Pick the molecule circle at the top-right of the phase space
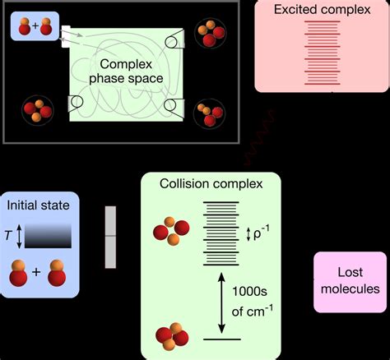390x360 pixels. tap(207, 34)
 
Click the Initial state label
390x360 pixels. tap(38, 205)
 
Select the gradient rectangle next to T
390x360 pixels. tap(48, 236)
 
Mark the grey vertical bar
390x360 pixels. tap(110, 237)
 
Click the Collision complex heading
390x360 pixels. tap(211, 185)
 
